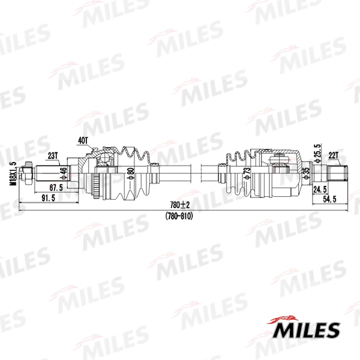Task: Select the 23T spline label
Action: pyautogui.click(x=53, y=155)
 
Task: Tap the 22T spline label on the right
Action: pyautogui.click(x=334, y=155)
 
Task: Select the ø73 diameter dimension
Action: pyautogui.click(x=247, y=174)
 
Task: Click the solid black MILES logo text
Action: pyautogui.click(x=307, y=329)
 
